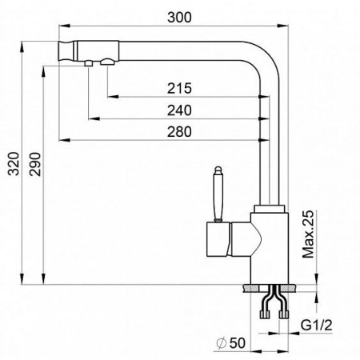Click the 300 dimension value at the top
[x=179, y=18]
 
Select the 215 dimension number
[x=179, y=88]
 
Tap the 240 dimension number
[x=179, y=110]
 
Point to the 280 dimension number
[x=179, y=132]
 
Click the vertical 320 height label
[x=14, y=163]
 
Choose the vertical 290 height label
[x=35, y=164]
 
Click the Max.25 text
[x=308, y=234]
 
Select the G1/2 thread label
[x=317, y=325]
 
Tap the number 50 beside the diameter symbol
[x=237, y=343]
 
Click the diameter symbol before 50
[x=222, y=343]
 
